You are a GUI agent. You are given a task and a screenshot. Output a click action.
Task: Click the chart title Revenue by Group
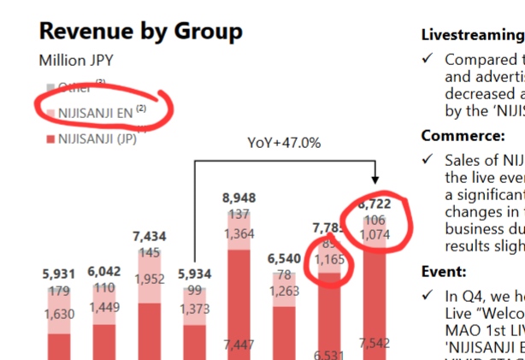tap(141, 32)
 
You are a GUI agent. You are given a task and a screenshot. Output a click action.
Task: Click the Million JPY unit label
tap(76, 61)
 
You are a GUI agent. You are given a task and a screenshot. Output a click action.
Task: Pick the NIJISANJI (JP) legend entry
tap(97, 139)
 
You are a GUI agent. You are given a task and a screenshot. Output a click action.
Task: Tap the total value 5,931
tap(60, 275)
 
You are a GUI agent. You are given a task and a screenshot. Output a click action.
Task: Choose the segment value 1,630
tap(60, 314)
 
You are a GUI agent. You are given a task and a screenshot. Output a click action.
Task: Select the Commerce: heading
tap(463, 136)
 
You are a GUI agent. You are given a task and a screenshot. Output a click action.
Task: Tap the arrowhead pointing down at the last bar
tap(375, 180)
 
